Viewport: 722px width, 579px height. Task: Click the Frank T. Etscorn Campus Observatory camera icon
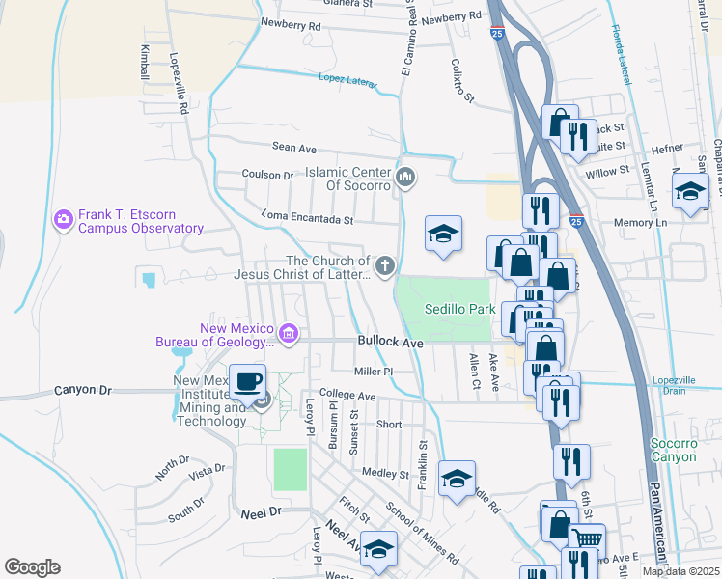pyautogui.click(x=64, y=220)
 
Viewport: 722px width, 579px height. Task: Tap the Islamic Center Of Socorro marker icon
pyautogui.click(x=405, y=178)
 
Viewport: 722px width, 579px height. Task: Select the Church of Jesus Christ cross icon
pyautogui.click(x=385, y=266)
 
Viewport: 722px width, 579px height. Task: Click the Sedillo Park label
pyautogui.click(x=460, y=309)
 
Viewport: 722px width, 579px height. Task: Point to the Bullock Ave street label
pyautogui.click(x=391, y=343)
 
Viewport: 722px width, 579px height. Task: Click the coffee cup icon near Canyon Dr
pyautogui.click(x=248, y=379)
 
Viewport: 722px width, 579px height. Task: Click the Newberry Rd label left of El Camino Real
pyautogui.click(x=290, y=26)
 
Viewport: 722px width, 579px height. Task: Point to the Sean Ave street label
pyautogui.click(x=294, y=149)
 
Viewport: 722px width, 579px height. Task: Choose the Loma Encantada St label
pyautogui.click(x=308, y=219)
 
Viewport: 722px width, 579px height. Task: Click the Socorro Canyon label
pyautogui.click(x=673, y=450)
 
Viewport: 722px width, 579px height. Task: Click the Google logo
pyautogui.click(x=32, y=567)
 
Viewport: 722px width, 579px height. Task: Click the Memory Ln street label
pyautogui.click(x=640, y=222)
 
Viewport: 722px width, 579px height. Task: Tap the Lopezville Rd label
pyautogui.click(x=180, y=84)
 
